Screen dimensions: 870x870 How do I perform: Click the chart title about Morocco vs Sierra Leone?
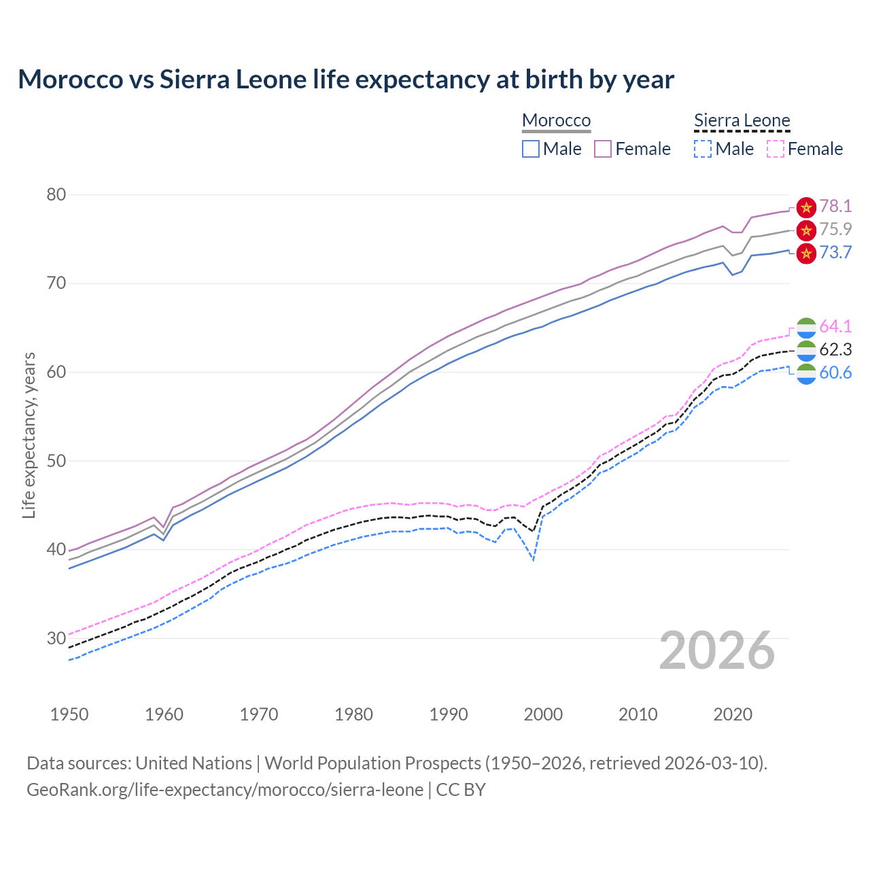346,80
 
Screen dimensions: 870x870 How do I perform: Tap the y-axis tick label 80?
56,195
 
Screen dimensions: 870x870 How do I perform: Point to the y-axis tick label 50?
56,461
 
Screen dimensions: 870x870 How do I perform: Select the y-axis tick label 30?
56,638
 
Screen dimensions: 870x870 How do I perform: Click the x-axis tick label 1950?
69,714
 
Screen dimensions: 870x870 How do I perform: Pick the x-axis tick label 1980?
353,714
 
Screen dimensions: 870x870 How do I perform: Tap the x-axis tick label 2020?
733,714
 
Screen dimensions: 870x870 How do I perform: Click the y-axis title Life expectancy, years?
29,435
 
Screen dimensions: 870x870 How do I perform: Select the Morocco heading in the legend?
556,120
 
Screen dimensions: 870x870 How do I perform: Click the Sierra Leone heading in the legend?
742,120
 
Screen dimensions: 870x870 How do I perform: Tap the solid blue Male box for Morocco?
531,149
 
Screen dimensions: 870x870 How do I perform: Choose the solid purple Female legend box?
603,149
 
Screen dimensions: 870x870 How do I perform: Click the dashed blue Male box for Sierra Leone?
703,149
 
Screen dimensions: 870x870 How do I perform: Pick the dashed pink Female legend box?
775,149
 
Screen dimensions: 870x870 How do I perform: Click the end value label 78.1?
835,207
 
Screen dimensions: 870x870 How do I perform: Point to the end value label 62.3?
835,350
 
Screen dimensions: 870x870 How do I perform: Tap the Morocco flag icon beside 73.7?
806,254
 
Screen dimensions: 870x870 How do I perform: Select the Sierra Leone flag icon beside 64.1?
806,327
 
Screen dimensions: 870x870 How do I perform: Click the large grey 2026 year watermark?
717,650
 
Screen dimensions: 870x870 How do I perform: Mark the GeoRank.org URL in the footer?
225,790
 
